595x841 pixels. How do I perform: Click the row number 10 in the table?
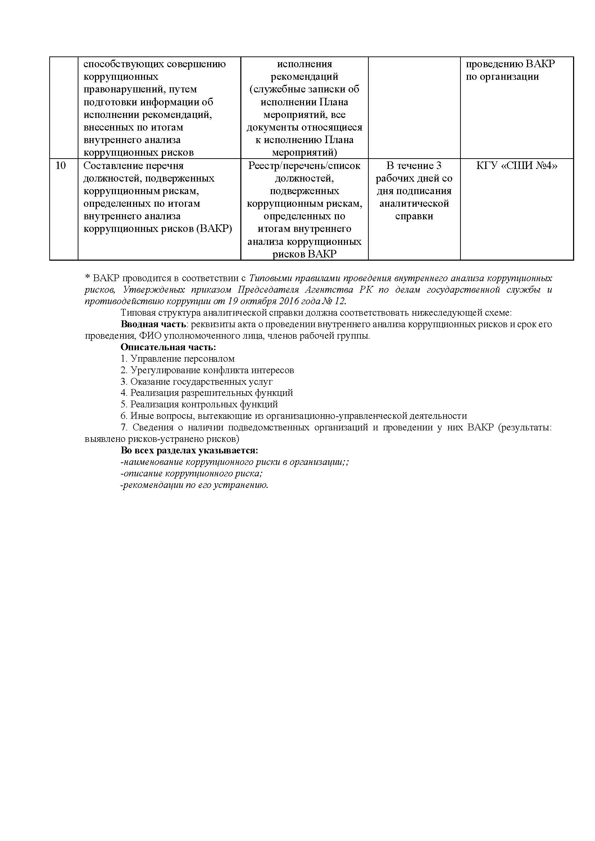[x=61, y=166]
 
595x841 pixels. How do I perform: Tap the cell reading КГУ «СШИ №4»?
[x=517, y=166]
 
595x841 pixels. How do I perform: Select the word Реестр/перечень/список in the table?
[x=304, y=166]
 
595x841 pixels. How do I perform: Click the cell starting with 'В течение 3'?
[x=414, y=191]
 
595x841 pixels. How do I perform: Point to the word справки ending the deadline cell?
[x=414, y=216]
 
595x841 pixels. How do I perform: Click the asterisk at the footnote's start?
[x=87, y=278]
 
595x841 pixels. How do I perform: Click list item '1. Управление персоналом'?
[x=178, y=358]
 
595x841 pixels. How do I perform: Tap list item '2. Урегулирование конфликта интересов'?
[x=207, y=370]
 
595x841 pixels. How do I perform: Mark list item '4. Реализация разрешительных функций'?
[x=207, y=393]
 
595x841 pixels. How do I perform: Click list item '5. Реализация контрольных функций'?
[x=199, y=404]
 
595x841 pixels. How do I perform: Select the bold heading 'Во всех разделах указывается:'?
[x=190, y=450]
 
